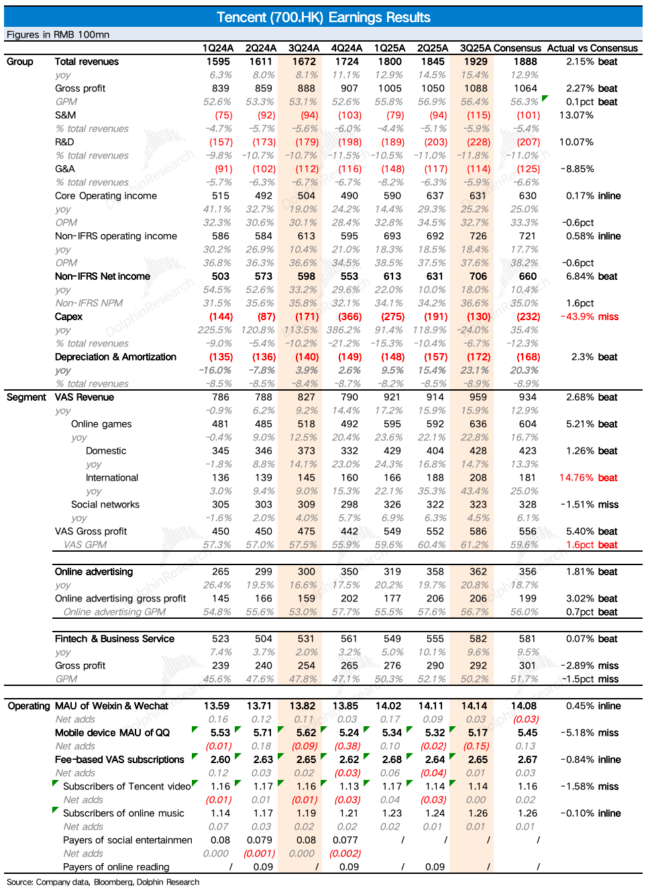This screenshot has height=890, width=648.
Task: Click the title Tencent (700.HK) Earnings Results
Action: pyautogui.click(x=323, y=17)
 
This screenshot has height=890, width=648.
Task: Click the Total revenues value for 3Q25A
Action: pyautogui.click(x=476, y=62)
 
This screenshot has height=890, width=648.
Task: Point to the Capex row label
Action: pyautogui.click(x=68, y=317)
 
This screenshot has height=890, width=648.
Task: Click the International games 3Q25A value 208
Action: pyautogui.click(x=478, y=478)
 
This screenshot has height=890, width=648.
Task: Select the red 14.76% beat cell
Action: pyautogui.click(x=588, y=478)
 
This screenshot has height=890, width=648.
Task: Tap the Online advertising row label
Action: pyautogui.click(x=94, y=572)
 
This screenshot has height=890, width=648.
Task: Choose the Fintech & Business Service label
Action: pyautogui.click(x=115, y=639)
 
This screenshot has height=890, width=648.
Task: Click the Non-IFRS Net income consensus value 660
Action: pyautogui.click(x=528, y=277)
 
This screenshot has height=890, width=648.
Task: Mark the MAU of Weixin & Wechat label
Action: pyautogui.click(x=111, y=706)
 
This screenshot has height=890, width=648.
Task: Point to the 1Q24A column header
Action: pyautogui.click(x=218, y=48)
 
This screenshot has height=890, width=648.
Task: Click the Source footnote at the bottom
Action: pyautogui.click(x=103, y=882)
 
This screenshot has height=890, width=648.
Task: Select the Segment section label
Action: pyautogui.click(x=27, y=397)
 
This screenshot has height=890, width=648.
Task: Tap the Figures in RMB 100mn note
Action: pyautogui.click(x=58, y=35)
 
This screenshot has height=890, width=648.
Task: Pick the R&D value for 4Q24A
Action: pyautogui.click(x=349, y=142)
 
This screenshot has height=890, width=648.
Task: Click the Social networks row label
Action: pyautogui.click(x=105, y=505)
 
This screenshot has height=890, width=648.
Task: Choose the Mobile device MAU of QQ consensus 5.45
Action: pyautogui.click(x=527, y=733)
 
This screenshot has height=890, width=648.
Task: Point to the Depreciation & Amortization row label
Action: pyautogui.click(x=115, y=357)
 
